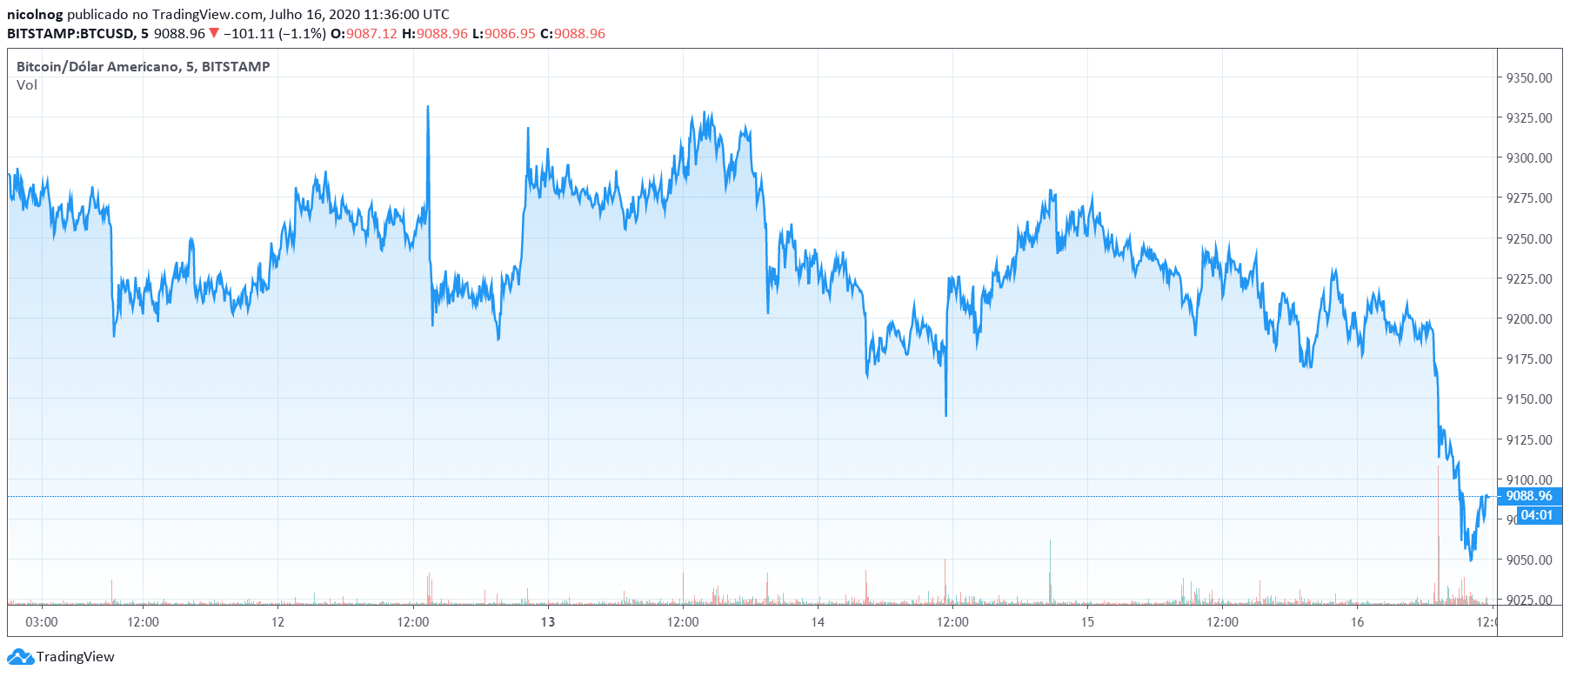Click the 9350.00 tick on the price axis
click(1528, 77)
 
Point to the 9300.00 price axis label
click(1528, 158)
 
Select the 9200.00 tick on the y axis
click(1528, 318)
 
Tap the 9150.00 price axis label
click(1528, 399)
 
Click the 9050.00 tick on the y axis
click(1528, 560)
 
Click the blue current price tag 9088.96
click(1528, 496)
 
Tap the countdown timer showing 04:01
click(1536, 515)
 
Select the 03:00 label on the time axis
click(42, 622)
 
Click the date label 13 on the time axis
click(548, 622)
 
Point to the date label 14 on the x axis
click(818, 622)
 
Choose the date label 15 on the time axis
click(1087, 622)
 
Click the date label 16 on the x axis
click(1357, 622)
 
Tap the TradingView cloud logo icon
click(20, 657)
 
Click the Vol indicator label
click(27, 85)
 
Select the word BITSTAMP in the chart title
click(236, 67)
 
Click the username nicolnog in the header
click(35, 15)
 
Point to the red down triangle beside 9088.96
click(214, 34)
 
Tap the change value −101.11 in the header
click(249, 34)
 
